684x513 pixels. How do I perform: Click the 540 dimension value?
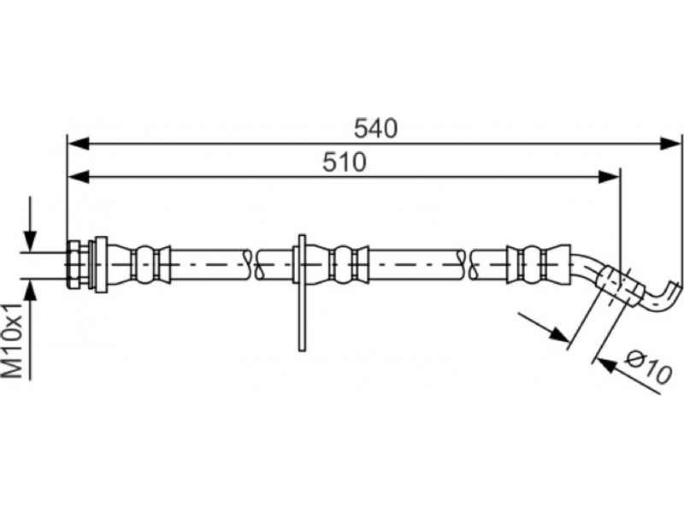(x=375, y=128)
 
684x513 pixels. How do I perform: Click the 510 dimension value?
(x=345, y=162)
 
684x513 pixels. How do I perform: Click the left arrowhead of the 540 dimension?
(x=79, y=144)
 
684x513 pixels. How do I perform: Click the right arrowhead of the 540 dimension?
(x=670, y=144)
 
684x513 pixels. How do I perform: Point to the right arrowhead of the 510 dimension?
(x=609, y=177)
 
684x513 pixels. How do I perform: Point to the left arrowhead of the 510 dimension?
(x=79, y=177)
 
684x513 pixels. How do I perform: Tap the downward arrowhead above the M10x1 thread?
(x=30, y=241)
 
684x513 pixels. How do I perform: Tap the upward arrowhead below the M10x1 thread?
(x=30, y=289)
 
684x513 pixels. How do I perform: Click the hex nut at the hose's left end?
(x=74, y=264)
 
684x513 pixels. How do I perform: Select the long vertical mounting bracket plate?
(x=302, y=292)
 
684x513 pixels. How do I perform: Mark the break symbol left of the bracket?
(x=253, y=265)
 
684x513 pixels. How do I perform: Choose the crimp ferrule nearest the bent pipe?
(x=539, y=264)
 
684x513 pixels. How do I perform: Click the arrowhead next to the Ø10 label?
(x=607, y=365)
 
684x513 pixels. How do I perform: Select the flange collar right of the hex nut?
(x=100, y=264)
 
